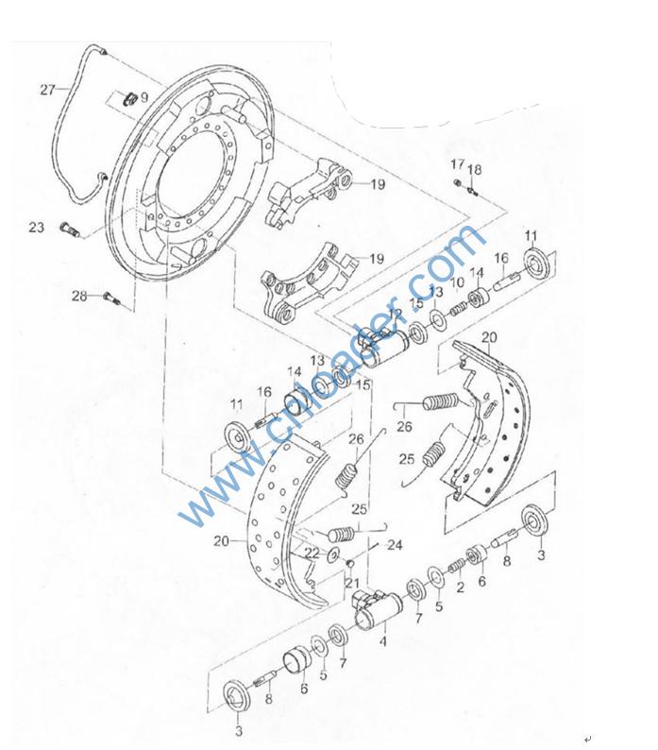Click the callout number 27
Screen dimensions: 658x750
coord(47,90)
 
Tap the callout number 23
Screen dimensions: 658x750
coord(36,228)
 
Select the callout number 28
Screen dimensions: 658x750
coord(79,296)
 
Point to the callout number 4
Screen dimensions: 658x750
coord(382,641)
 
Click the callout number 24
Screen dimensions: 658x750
coord(395,545)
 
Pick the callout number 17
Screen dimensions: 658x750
coord(457,164)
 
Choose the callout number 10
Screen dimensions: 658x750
coord(457,282)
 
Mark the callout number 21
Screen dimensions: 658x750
coord(352,583)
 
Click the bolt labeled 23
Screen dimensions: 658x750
coord(70,230)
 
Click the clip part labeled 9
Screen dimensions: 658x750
coord(130,98)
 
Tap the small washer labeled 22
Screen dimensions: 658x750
coord(334,554)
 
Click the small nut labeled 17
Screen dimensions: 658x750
coord(457,182)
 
